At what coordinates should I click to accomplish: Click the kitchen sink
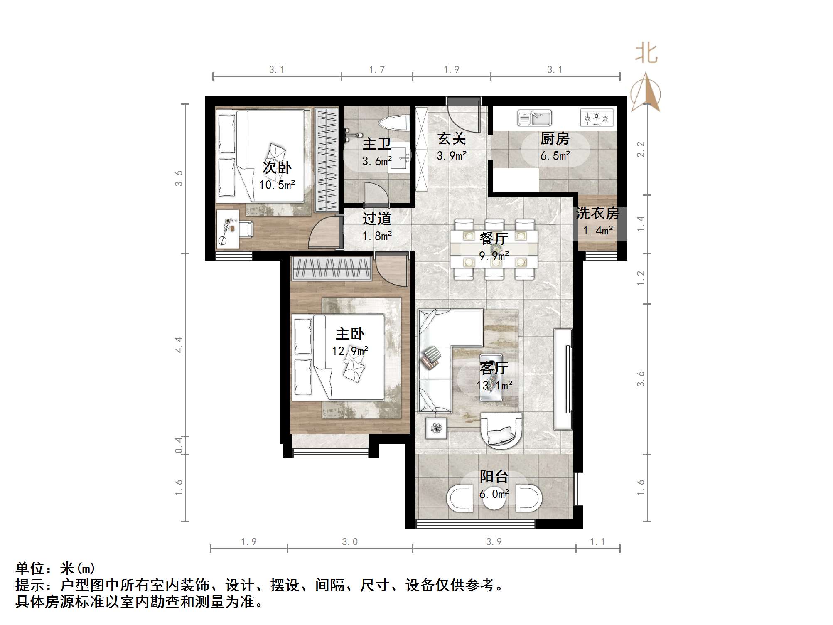pos(534,118)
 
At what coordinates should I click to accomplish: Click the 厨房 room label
pos(555,139)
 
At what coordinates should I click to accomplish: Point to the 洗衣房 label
pos(597,214)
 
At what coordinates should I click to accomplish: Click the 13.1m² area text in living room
pos(494,385)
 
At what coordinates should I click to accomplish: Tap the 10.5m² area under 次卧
pos(277,185)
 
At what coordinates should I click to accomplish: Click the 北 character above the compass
pos(646,54)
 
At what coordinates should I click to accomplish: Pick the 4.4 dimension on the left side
pos(179,345)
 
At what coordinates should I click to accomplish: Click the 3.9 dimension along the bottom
pos(494,542)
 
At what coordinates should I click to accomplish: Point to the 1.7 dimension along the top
pos(377,70)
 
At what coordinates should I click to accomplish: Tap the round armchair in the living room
pos(501,430)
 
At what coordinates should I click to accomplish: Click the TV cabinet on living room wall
pos(563,379)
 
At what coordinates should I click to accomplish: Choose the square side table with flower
pos(436,428)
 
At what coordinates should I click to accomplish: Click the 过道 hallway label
pos(377,219)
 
